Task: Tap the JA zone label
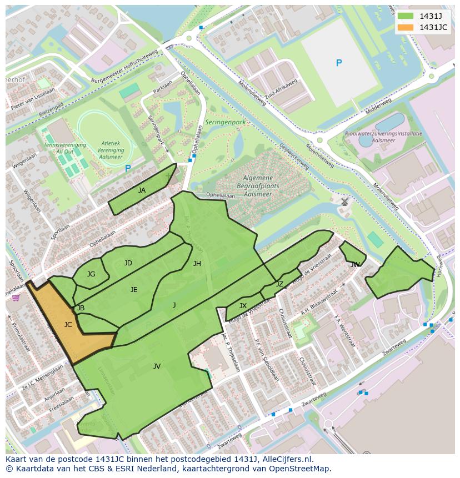click(142, 190)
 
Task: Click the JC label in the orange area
click(68, 325)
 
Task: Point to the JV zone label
click(157, 366)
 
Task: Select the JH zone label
click(197, 264)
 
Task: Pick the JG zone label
click(91, 274)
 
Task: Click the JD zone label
click(128, 263)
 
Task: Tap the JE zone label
click(134, 290)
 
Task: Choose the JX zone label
click(243, 306)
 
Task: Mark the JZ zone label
click(279, 284)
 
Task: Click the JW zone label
click(355, 265)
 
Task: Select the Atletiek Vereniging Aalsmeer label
click(111, 150)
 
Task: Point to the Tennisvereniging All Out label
click(65, 148)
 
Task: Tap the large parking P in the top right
click(339, 63)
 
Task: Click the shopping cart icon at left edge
click(16, 298)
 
